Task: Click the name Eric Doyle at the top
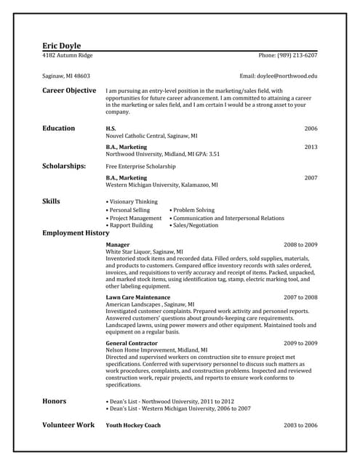(62, 45)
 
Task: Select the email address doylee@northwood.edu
(279, 76)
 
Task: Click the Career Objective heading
(69, 91)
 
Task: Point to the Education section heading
(58, 129)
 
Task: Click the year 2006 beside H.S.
(311, 129)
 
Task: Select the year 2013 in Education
(311, 147)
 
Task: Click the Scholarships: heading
(64, 166)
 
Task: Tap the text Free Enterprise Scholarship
(141, 166)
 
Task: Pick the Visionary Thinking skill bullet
(132, 201)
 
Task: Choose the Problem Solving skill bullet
(192, 210)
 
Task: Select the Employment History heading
(75, 233)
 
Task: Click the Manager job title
(118, 245)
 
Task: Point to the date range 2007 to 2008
(300, 297)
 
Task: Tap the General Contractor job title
(132, 343)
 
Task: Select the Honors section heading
(55, 401)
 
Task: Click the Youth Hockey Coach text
(133, 425)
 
